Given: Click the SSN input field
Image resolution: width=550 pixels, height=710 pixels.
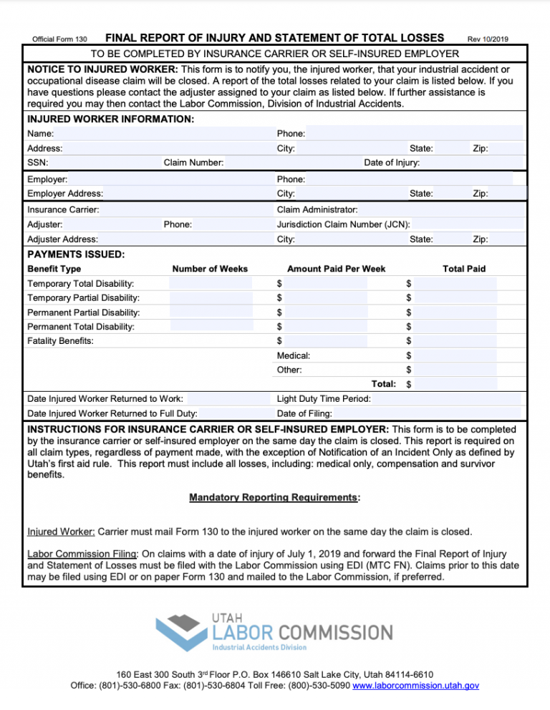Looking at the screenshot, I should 104,162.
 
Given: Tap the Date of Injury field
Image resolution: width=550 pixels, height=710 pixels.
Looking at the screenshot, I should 473,162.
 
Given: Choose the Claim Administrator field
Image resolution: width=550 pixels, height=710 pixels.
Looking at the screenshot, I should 440,209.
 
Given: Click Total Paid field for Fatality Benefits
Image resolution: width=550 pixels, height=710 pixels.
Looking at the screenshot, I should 455,341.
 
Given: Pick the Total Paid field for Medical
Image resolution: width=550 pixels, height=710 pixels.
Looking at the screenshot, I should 455,355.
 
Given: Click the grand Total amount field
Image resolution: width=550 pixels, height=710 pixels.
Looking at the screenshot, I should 455,384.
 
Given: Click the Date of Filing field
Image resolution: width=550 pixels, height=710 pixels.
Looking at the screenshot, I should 426,413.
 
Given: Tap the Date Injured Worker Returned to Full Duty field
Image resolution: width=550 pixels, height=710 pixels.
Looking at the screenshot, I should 235,413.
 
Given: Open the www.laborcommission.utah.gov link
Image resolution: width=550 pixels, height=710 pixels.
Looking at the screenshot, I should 416,686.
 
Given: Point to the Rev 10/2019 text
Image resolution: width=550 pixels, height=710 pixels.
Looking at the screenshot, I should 487,39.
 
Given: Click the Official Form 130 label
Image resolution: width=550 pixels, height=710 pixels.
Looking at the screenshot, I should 60,39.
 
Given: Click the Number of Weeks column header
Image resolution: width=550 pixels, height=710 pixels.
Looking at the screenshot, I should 210,269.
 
